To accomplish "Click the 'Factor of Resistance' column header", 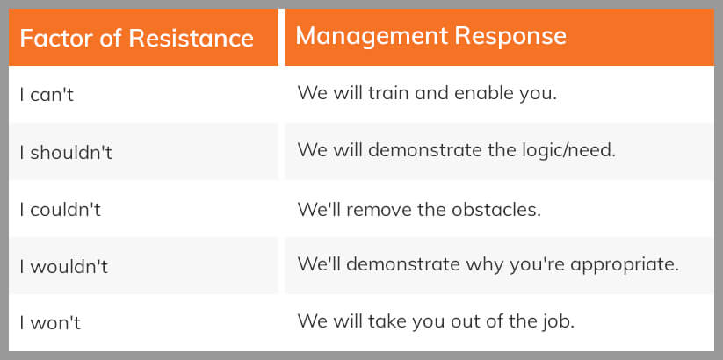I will pyautogui.click(x=136, y=39).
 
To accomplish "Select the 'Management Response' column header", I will pyautogui.click(x=430, y=36).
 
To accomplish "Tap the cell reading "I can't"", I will pyautogui.click(x=47, y=95).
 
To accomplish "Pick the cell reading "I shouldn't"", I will pyautogui.click(x=66, y=152).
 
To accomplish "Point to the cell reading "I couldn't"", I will pyautogui.click(x=61, y=210).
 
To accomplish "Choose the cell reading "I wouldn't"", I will pyautogui.click(x=63, y=267).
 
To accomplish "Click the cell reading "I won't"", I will pyautogui.click(x=50, y=323).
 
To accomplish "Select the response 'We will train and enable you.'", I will pyautogui.click(x=427, y=92).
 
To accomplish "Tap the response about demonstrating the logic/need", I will pyautogui.click(x=456, y=149).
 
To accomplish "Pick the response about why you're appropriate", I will pyautogui.click(x=488, y=263).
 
